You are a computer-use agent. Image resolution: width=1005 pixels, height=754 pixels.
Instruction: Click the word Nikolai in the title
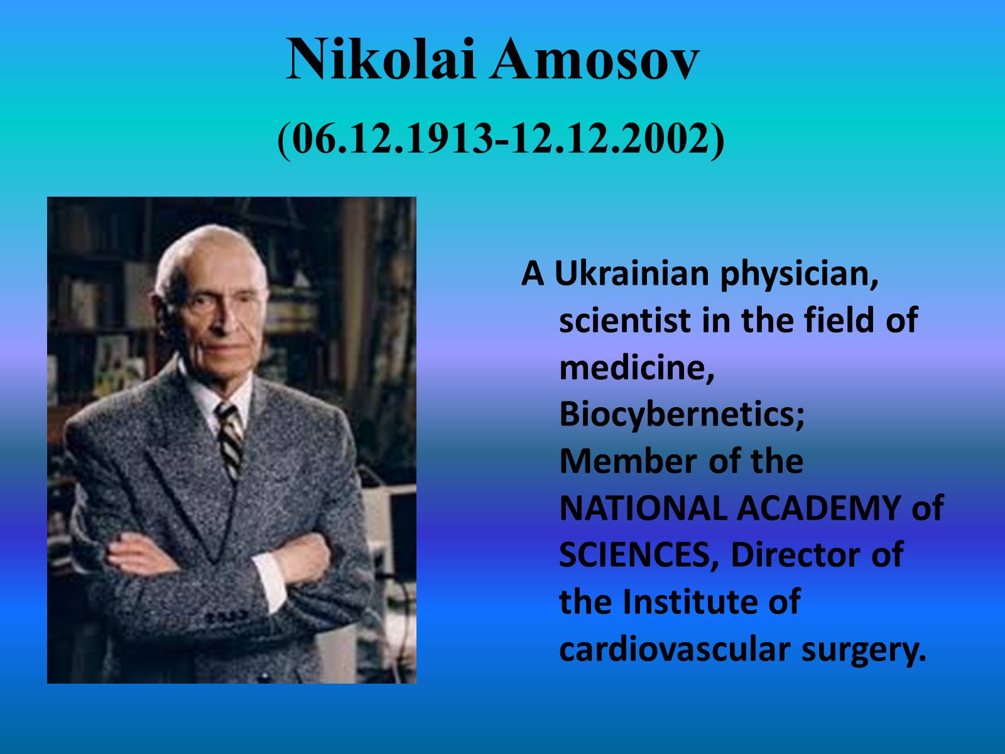pos(381,60)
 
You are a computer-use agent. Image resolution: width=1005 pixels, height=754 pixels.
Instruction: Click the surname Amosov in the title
pos(594,60)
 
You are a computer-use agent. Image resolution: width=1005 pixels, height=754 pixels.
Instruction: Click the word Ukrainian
pos(632,273)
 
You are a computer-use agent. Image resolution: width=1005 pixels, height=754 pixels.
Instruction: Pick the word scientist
pos(625,320)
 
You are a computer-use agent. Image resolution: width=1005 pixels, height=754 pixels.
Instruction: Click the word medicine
pos(637,369)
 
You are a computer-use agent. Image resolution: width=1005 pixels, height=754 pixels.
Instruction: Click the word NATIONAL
pos(643,508)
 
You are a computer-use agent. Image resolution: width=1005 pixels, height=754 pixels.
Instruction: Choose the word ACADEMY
pos(819,508)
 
